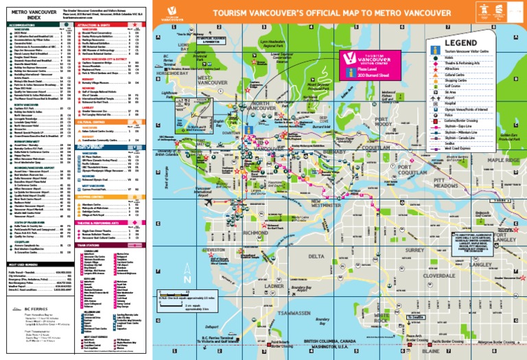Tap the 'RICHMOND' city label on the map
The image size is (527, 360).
(255, 233)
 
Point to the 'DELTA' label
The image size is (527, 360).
(317, 256)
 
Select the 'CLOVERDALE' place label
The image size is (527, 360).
(419, 275)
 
